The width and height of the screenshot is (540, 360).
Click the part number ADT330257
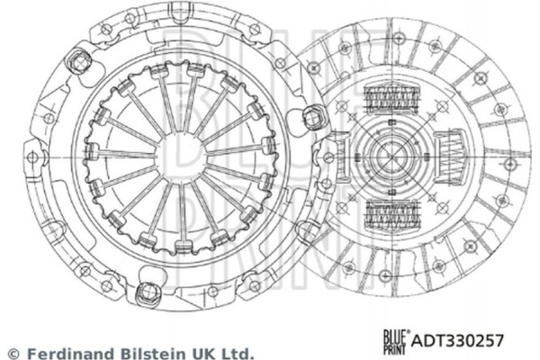pos(457,340)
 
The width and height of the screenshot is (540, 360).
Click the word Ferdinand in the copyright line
pos(60,353)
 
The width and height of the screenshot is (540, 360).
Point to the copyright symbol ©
pos(13,353)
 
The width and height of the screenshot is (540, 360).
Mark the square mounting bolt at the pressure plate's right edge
pos(315,115)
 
